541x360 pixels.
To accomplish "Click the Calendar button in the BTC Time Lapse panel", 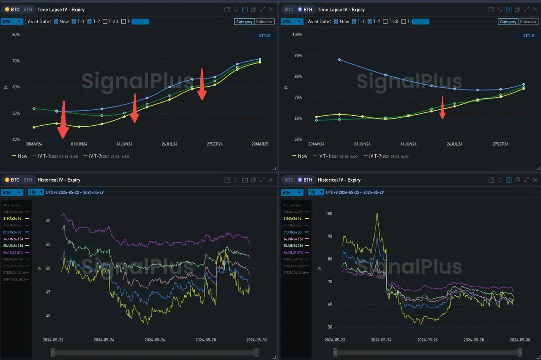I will coord(265,22).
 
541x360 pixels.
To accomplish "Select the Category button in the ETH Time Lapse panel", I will coord(508,22).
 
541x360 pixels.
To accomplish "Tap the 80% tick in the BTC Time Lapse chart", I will coord(16,35).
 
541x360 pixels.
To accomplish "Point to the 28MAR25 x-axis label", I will coord(260,144).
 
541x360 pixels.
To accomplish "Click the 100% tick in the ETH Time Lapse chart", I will coord(297,35).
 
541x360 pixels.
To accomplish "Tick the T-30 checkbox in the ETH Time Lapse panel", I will coord(386,22).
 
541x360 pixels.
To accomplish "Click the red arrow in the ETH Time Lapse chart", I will coord(443,109).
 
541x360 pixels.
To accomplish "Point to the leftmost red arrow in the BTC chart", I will coord(63,120).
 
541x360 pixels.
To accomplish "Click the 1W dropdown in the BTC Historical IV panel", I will coord(36,192).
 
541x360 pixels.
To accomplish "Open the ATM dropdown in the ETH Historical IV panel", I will coord(292,192).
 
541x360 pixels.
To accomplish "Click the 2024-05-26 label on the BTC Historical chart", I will coord(154,340).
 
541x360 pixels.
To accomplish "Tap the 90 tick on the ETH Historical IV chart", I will coord(329,236).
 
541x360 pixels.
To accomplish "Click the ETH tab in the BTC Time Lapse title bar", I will coord(27,9).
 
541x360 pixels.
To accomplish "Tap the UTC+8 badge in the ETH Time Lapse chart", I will coord(528,36).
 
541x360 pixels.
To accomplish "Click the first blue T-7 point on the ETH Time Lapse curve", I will coord(339,60).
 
